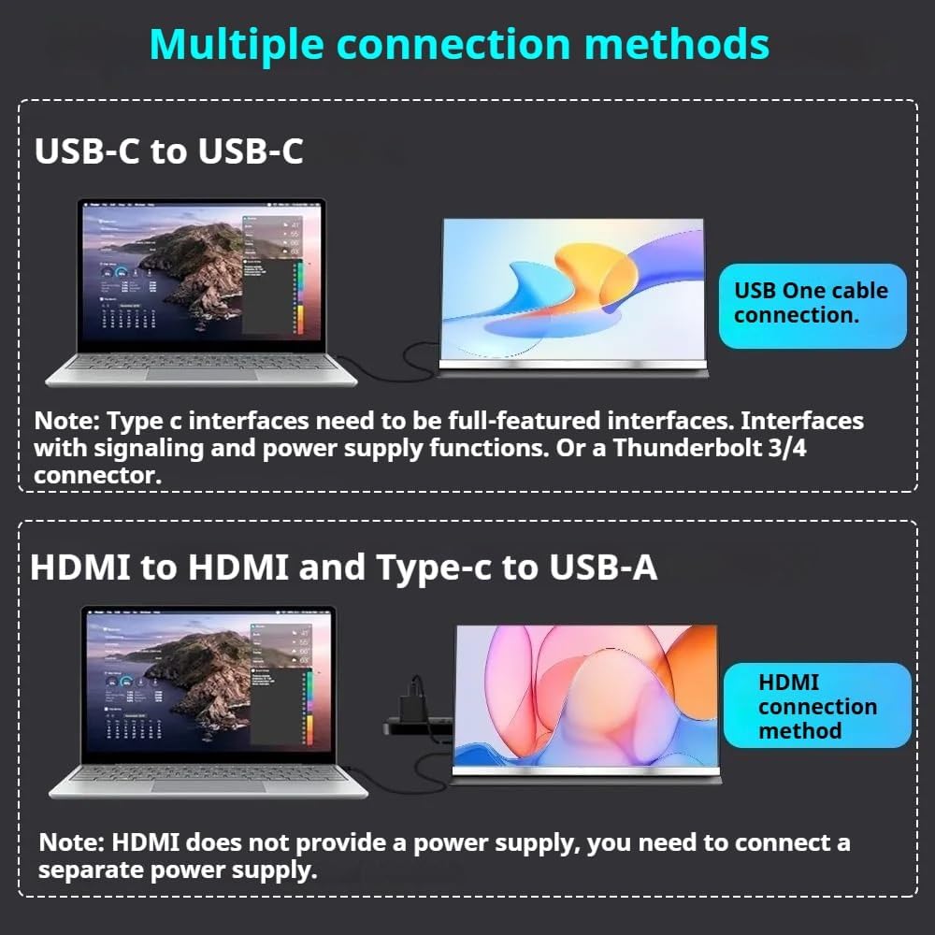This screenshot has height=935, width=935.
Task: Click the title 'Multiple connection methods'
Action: (459, 45)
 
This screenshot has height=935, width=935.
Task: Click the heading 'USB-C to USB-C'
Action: (169, 151)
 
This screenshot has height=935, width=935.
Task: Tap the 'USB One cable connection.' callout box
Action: (812, 303)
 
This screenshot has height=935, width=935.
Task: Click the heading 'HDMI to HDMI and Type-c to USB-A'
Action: (343, 568)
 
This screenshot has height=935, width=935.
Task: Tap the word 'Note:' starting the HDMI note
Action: (71, 842)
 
